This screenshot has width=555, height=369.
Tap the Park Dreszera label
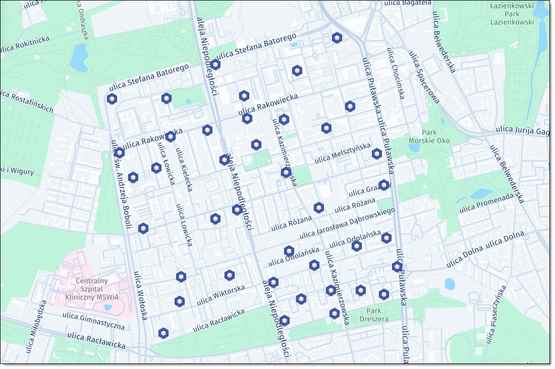(x=374, y=315)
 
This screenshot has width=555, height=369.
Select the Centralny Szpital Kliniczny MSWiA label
(x=91, y=289)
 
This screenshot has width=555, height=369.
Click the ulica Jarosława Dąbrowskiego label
(x=347, y=223)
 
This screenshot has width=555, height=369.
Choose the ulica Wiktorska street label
(x=221, y=295)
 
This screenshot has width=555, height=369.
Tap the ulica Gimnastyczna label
(x=93, y=321)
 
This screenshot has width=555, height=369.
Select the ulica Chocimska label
(x=396, y=73)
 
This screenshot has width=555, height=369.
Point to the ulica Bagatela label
(x=408, y=3)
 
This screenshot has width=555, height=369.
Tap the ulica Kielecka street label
(x=184, y=169)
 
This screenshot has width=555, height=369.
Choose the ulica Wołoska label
(x=140, y=295)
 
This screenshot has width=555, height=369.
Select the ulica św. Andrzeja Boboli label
(x=121, y=184)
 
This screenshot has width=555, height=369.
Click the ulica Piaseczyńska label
(x=495, y=315)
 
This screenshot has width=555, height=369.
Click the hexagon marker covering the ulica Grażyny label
(x=384, y=185)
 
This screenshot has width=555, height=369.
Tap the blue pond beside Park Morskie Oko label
(x=414, y=147)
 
